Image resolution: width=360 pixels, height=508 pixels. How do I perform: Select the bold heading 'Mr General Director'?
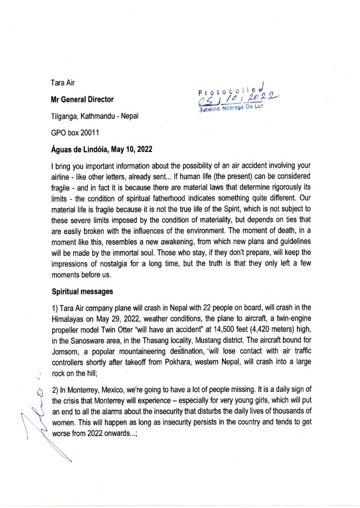click(82, 99)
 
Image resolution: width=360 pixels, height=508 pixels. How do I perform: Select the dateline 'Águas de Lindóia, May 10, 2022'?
click(101, 149)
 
